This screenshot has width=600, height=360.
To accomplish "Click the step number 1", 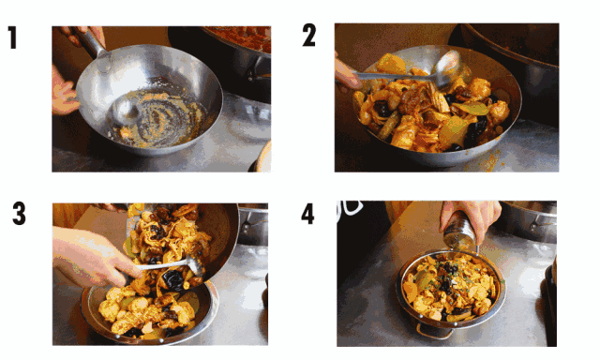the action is pos(13,37).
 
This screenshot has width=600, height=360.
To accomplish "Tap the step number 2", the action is pos(309,36).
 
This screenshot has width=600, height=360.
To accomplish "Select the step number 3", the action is pos(19,213).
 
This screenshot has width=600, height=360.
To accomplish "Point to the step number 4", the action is pos(307,214).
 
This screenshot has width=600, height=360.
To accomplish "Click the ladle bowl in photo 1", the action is pos(125,111).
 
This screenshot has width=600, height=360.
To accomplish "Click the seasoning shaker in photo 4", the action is pos(460,231).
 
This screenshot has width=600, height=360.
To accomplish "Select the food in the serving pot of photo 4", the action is pos(452,286).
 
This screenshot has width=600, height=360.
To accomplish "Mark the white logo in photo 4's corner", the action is pos(350,210).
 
